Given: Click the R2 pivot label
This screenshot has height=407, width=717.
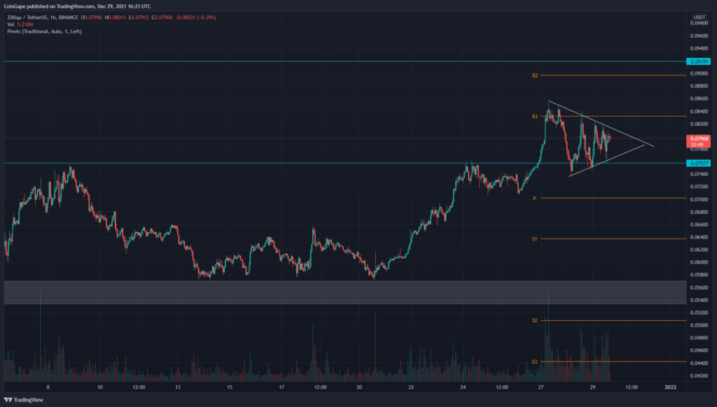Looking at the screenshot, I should click(534, 75).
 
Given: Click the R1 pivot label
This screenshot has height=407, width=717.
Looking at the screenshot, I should click(534, 116).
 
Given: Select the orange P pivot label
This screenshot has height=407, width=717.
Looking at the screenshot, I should click(534, 199).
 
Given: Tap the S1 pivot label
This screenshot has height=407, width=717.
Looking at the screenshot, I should click(534, 239).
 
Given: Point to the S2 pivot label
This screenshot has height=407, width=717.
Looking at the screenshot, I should click(534, 320).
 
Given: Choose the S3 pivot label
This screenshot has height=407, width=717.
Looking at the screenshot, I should click(534, 362).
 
